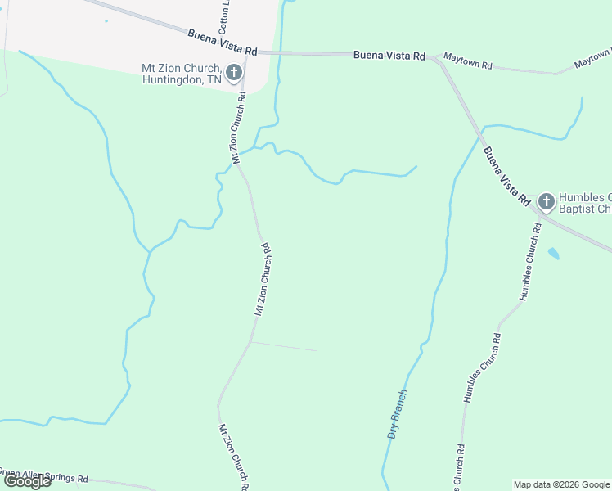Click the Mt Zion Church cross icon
pos(233,73)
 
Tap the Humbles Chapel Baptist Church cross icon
pos(546,201)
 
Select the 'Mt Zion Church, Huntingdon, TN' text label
pos(181,74)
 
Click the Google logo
pos(27,480)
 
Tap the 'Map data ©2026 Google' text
pos(561,484)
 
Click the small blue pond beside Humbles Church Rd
pos(554,253)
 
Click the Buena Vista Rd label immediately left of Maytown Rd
pos(389,56)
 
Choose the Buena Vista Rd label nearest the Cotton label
pos(222,43)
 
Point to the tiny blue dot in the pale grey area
pos(106,21)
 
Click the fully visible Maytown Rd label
pos(467,61)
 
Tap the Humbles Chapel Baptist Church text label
pos(584,203)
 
